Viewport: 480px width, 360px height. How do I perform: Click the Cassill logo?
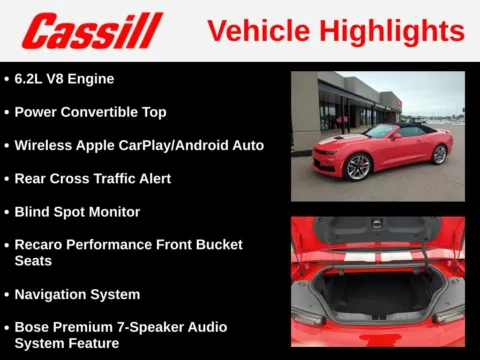pos(92,31)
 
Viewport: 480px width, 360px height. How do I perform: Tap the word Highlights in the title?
pos(389,31)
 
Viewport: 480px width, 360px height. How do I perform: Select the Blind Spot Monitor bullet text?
pos(77,212)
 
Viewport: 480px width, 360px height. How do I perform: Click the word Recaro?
pos(42,244)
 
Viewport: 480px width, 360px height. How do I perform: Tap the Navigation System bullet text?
pos(77,294)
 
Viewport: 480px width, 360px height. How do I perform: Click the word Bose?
pos(34,327)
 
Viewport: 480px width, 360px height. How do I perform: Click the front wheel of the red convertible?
pos(358,166)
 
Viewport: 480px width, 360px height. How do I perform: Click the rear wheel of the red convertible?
pos(439,154)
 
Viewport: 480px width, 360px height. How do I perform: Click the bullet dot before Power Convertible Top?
pos(7,112)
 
